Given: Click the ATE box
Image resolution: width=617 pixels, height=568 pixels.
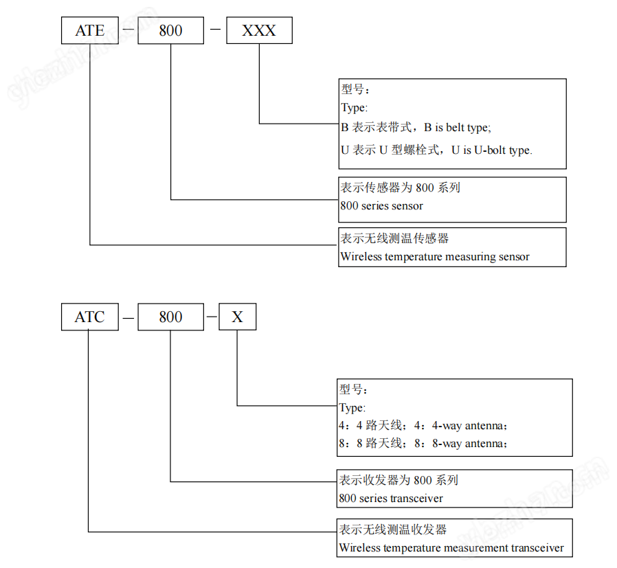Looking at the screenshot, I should click(90, 31).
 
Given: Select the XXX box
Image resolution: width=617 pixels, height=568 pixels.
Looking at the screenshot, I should click(259, 31).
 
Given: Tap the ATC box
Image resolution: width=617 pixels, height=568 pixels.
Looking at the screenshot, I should click(90, 317).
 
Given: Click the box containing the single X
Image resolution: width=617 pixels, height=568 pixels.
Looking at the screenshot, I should click(237, 317).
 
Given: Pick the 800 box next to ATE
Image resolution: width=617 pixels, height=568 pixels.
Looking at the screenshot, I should click(170, 31).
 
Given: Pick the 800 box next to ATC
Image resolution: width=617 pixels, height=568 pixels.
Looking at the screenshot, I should click(170, 317).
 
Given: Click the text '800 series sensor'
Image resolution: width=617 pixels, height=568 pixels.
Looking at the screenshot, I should click(382, 206).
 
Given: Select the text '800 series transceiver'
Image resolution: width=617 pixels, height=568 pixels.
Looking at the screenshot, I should click(391, 499).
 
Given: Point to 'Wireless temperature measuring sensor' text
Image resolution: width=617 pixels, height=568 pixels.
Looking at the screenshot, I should click(435, 257).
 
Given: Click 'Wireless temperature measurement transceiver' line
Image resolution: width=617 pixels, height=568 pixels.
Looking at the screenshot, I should click(451, 548).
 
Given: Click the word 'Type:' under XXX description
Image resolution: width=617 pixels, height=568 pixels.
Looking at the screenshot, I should click(354, 108).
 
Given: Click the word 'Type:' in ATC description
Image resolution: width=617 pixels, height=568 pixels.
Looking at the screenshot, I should click(352, 408).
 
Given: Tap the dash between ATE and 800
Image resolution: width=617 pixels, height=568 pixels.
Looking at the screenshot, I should click(127, 32).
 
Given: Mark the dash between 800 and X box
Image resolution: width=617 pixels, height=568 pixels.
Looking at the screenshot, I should click(212, 317).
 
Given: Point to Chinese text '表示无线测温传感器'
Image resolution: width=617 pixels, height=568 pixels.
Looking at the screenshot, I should click(395, 238).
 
